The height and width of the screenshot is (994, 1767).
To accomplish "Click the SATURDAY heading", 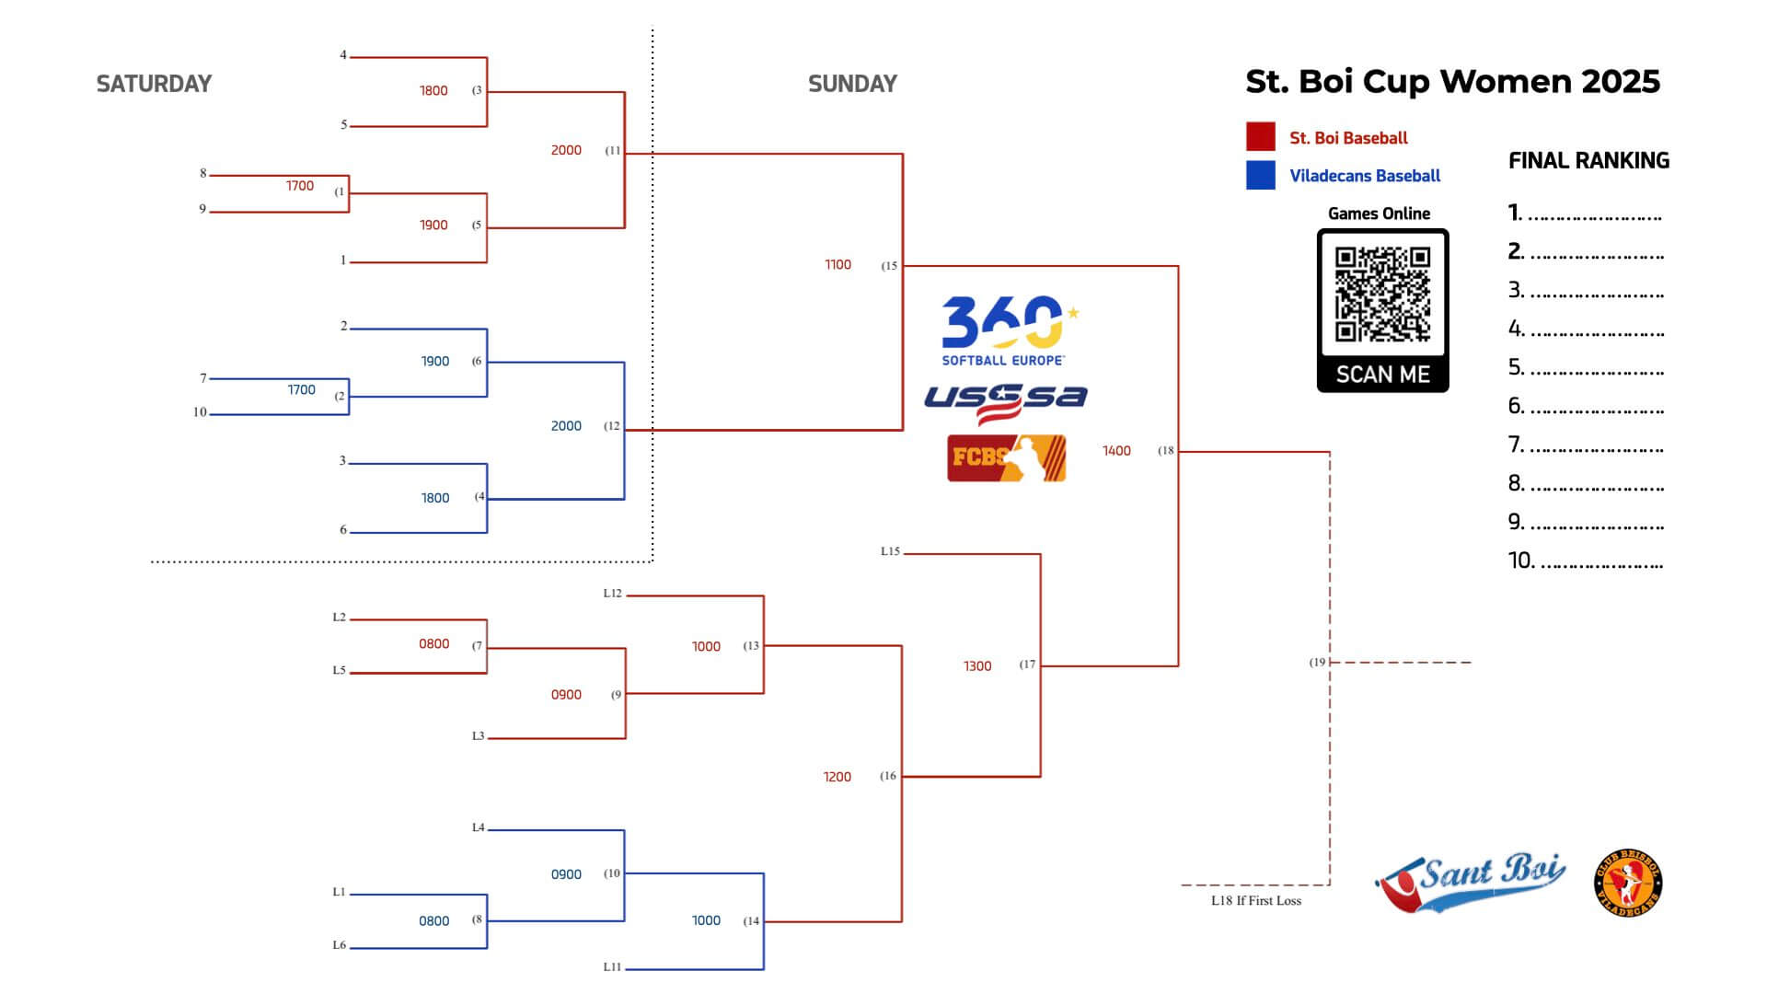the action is coord(154,84).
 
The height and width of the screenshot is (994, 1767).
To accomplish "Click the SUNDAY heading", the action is coord(852,84).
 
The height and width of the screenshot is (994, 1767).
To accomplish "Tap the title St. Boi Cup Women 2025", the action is coord(1452,81).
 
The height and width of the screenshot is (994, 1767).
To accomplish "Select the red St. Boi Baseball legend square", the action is coord(1261,136).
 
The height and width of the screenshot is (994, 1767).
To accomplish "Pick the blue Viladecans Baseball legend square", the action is coord(1261,175).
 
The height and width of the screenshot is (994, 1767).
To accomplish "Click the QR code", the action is coord(1382,294).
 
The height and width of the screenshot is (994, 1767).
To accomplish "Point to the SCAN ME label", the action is coord(1382,375).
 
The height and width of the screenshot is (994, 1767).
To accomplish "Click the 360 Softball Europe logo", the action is coord(1009,330).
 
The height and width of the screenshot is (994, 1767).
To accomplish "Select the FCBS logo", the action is coord(1007,458).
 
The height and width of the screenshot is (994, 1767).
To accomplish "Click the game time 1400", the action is coord(1116,451).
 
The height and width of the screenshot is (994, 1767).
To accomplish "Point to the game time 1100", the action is coord(837,265).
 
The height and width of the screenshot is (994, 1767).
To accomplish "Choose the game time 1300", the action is coord(977,666).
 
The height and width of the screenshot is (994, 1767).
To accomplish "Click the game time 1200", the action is coord(837,777).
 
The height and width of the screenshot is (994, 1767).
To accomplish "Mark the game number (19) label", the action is coord(1318,662).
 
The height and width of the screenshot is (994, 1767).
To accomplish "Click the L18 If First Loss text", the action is coord(1256,901).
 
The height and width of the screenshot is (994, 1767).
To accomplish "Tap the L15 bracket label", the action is coord(890,551).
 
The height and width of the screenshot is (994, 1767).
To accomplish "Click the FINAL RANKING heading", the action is coord(1588,161).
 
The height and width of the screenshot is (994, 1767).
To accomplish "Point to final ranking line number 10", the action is coord(1585,561).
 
